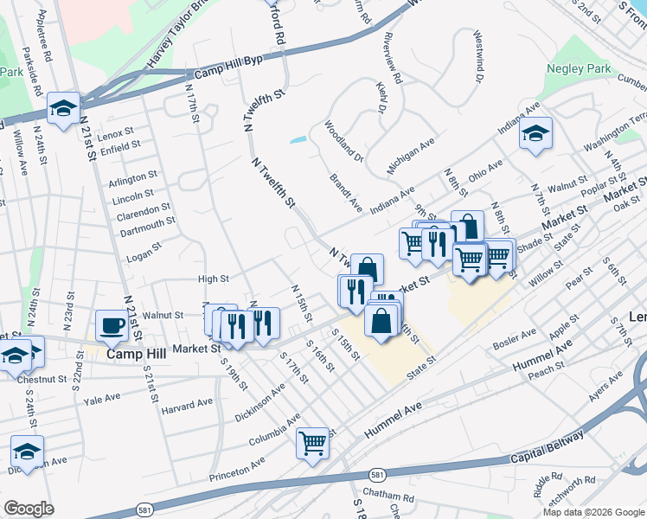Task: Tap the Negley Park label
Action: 579,68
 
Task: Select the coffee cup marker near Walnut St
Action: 112,325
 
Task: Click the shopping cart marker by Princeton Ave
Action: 313,442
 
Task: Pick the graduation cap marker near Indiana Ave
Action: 535,133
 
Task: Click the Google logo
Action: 29,509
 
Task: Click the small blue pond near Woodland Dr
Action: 298,138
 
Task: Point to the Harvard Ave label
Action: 187,404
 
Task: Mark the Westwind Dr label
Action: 477,58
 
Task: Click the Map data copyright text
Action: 593,512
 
